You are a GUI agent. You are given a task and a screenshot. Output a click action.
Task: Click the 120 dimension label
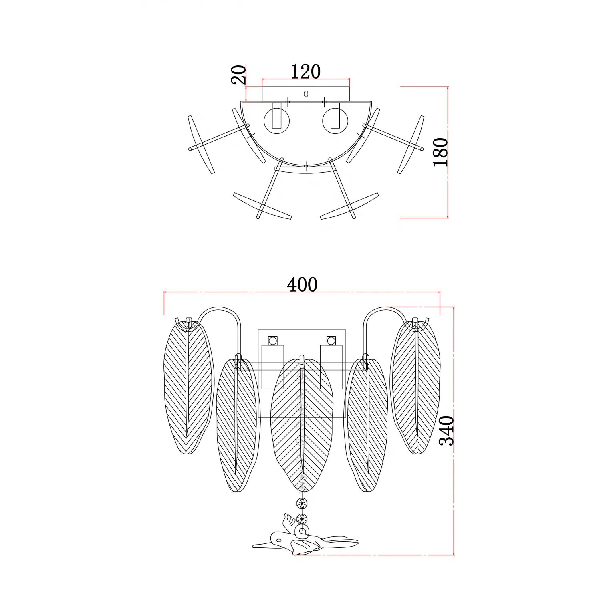point(305,71)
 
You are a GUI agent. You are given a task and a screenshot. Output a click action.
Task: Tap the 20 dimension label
point(238,75)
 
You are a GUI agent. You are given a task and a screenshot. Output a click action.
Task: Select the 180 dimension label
point(440,152)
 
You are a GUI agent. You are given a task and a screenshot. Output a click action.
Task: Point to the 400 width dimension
point(302,284)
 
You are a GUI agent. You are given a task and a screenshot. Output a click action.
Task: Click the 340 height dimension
point(446,431)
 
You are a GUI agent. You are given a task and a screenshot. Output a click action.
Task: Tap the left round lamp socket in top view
point(277,121)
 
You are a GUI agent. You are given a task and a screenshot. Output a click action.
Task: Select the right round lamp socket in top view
point(335,121)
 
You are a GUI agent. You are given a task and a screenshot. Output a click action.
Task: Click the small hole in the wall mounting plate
point(306,94)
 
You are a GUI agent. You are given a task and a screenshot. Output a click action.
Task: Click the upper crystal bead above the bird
point(302,502)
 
